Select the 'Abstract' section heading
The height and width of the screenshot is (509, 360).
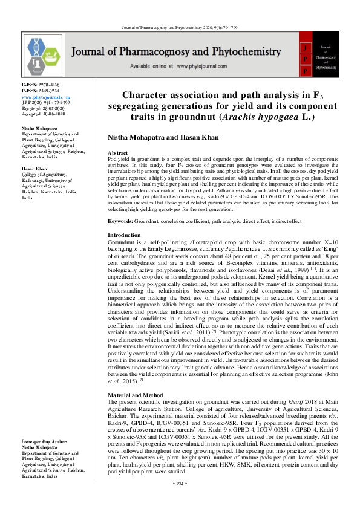[117, 154]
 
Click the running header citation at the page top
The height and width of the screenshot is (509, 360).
[180, 27]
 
